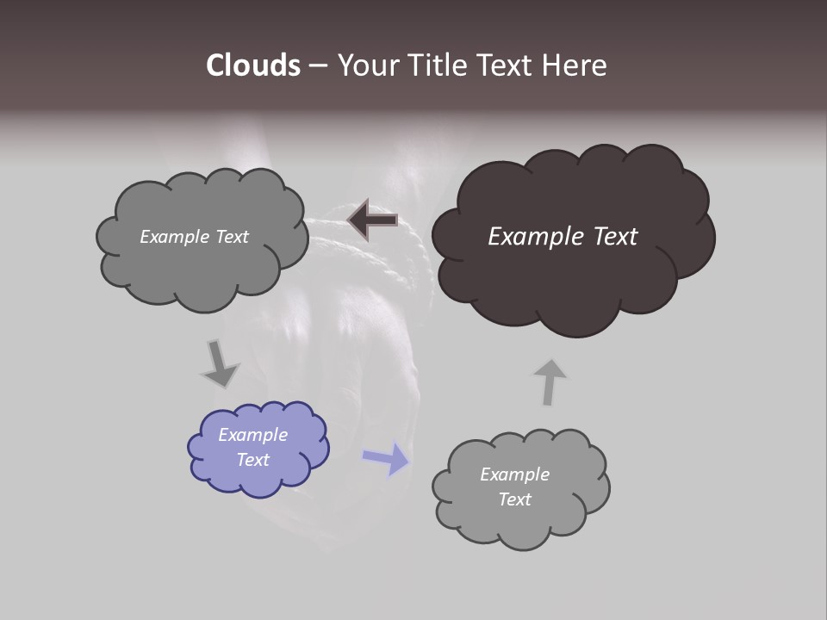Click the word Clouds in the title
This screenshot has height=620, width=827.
pos(253,65)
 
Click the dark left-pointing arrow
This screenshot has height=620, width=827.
pos(372,220)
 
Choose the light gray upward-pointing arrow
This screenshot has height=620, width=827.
pos(549,381)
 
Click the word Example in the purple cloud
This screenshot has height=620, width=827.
pos(252,435)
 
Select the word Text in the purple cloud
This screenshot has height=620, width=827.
pos(253,460)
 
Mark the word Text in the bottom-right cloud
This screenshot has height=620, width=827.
pos(514,499)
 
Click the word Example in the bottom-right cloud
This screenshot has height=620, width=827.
pos(514,474)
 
